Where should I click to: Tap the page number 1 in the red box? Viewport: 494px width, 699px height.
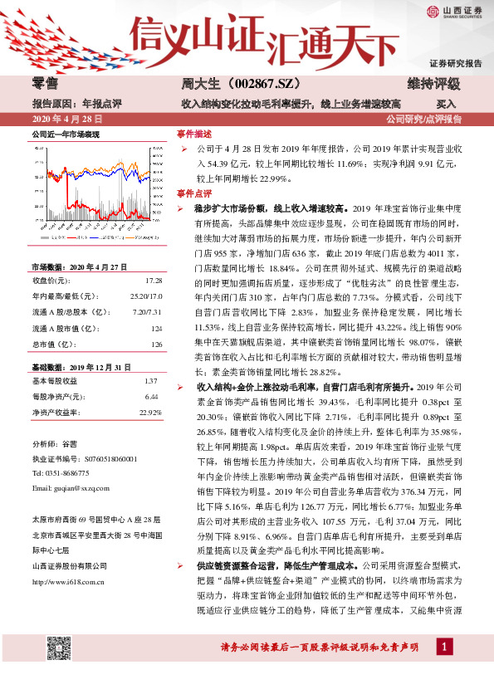point(447,669)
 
